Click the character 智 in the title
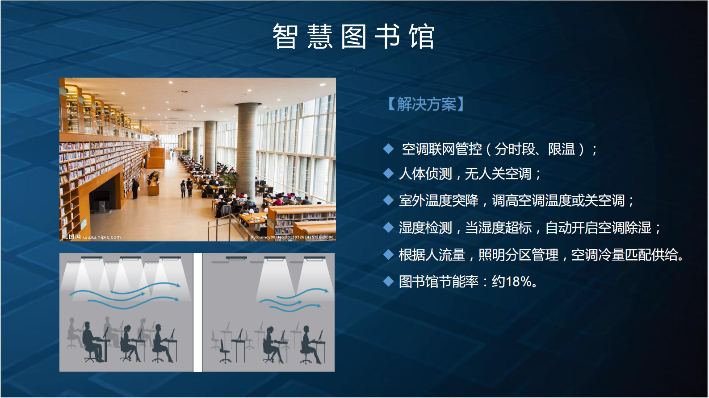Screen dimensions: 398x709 point(285,37)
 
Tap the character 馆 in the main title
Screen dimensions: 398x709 point(422,37)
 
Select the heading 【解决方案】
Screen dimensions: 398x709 point(426,104)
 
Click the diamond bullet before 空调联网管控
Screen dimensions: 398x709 point(388,149)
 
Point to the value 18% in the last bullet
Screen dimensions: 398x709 point(519,282)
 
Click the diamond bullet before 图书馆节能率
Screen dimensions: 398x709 point(388,282)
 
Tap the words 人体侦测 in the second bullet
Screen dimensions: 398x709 point(425,174)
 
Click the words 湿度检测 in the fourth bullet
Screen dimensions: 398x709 point(425,228)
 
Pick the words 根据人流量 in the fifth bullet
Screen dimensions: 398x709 point(432,255)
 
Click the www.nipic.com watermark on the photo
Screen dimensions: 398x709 point(102,237)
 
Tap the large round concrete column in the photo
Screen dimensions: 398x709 point(247,152)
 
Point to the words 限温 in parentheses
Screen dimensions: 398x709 point(562,149)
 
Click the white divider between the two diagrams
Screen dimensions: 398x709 point(197,312)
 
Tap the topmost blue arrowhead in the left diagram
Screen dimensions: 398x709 point(178,286)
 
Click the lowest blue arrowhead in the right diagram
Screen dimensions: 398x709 point(319,306)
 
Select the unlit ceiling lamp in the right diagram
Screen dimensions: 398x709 point(236,258)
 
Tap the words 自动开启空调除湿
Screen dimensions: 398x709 point(598,228)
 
